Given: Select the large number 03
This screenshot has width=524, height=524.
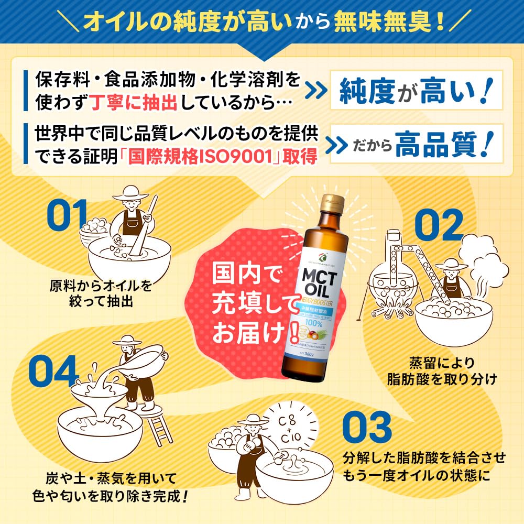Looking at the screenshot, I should [x=367, y=427].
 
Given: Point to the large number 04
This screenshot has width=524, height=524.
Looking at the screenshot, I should [x=52, y=369].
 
